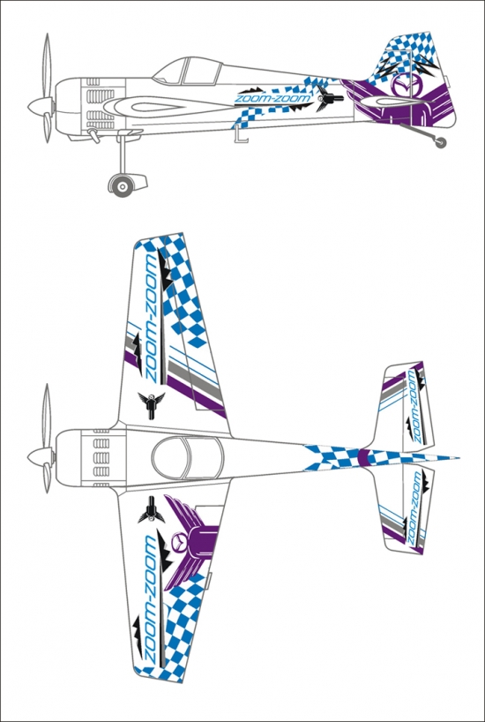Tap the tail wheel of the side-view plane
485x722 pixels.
pyautogui.click(x=441, y=143)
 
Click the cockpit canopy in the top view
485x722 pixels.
pyautogui.click(x=187, y=459)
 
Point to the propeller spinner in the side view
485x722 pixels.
pyautogui.click(x=40, y=107)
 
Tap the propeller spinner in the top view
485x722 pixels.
pyautogui.click(x=40, y=458)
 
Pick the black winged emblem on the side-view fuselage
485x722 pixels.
pyautogui.click(x=329, y=98)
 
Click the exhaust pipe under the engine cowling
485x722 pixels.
pyautogui.click(x=93, y=135)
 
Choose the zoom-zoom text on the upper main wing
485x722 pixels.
pyautogui.click(x=151, y=318)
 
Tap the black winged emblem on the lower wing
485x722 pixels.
pyautogui.click(x=151, y=510)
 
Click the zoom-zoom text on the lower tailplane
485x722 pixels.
pyautogui.click(x=414, y=506)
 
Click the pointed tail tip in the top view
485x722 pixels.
pyautogui.click(x=459, y=458)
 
